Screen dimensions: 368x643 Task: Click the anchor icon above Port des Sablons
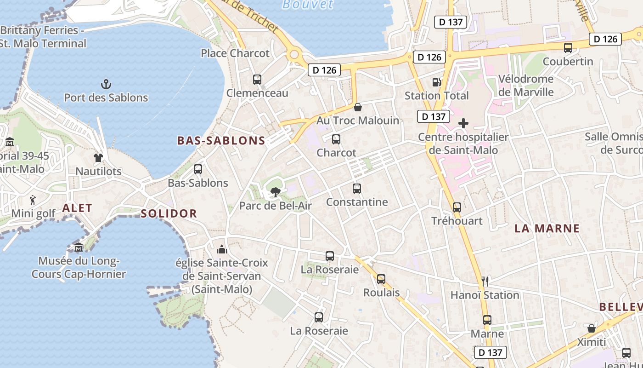106,84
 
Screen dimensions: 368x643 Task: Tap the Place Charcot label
235,53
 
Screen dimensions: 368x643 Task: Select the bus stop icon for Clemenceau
257,80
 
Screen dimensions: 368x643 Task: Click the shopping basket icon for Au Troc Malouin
358,107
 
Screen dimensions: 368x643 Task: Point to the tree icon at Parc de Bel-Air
276,192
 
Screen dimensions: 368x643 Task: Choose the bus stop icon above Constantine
357,189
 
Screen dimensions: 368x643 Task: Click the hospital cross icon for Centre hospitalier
463,123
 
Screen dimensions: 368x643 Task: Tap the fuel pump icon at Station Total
436,82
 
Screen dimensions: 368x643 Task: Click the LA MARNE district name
547,229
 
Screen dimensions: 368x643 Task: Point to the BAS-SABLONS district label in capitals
221,141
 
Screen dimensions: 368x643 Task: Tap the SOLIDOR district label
169,213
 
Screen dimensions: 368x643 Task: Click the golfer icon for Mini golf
33,200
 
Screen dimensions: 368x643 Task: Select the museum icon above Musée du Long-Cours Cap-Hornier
79,247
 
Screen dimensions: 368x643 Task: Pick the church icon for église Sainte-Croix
222,249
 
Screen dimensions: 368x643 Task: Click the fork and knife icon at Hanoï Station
485,281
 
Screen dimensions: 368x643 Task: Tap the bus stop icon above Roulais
381,279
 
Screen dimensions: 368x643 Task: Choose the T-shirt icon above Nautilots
98,158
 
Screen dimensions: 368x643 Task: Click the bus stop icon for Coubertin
568,48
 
